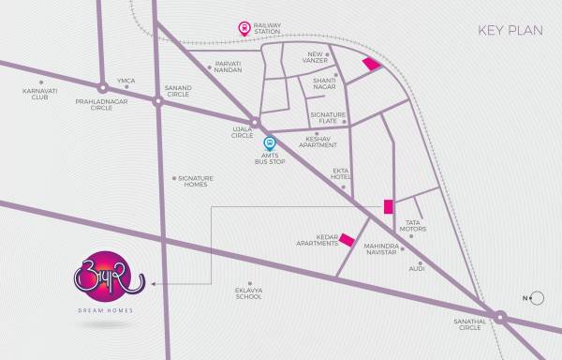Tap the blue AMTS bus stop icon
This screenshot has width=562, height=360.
click(269, 143)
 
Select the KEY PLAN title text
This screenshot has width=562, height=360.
click(510, 30)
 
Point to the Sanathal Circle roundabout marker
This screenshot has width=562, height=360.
click(499, 320)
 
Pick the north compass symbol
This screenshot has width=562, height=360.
click(535, 299)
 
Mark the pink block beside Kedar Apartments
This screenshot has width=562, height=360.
click(347, 240)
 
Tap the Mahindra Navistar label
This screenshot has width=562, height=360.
click(381, 250)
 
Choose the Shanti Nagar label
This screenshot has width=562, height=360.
click(324, 83)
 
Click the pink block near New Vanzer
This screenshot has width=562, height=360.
click(372, 64)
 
